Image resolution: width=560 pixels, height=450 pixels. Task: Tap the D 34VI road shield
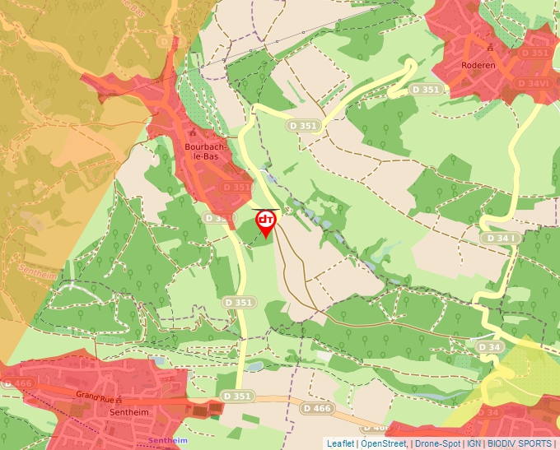point(533,83)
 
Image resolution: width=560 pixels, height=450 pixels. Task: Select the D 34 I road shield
point(501,238)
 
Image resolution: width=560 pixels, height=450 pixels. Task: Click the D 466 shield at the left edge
point(16,383)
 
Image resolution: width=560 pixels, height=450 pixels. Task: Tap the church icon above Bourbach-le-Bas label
point(191,132)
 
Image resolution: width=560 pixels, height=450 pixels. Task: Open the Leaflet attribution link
point(340,443)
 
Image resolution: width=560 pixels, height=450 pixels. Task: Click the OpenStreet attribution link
point(384,443)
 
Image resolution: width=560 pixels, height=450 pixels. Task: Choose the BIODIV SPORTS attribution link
point(520,443)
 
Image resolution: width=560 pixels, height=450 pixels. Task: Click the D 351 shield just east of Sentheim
point(237,397)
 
